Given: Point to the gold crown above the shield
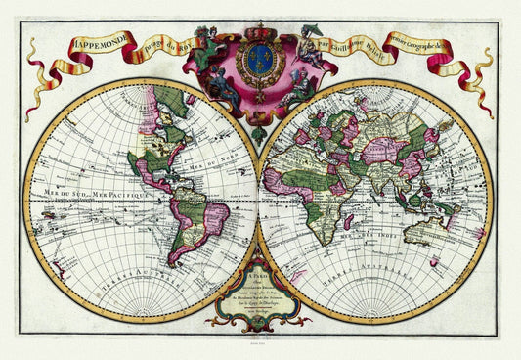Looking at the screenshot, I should point(260,34).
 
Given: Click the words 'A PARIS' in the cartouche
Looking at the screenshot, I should point(259,277).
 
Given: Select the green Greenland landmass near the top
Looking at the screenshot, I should point(174,101).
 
